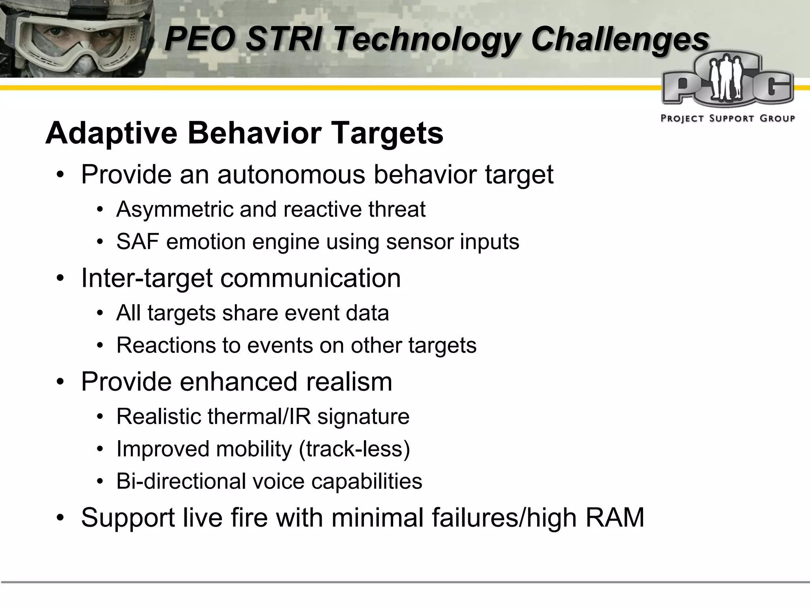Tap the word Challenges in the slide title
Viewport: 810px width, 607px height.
620,39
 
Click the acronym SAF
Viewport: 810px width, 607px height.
137,241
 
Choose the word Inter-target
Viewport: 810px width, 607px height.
147,278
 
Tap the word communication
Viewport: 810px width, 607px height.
310,278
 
